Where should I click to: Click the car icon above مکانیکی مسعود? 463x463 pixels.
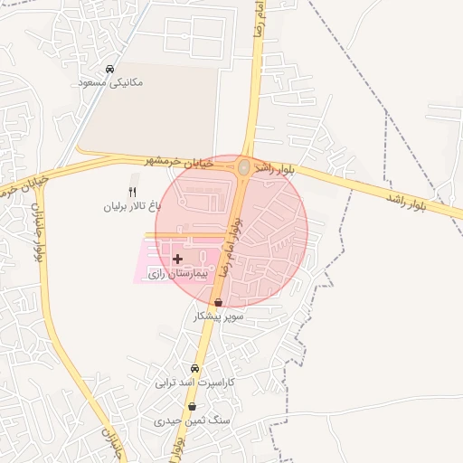(109, 69)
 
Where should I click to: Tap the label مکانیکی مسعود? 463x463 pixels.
(111, 82)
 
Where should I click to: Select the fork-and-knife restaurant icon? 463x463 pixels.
(132, 192)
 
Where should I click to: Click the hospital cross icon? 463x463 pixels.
(177, 259)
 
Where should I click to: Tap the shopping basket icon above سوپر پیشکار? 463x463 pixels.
(217, 303)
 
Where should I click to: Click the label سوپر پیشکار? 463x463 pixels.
(219, 317)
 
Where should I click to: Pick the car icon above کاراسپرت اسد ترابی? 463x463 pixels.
(194, 369)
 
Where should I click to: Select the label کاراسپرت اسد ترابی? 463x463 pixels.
(195, 383)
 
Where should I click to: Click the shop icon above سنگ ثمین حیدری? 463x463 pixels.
(192, 407)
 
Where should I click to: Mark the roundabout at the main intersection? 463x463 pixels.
(244, 166)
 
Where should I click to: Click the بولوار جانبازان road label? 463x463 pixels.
(39, 231)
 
